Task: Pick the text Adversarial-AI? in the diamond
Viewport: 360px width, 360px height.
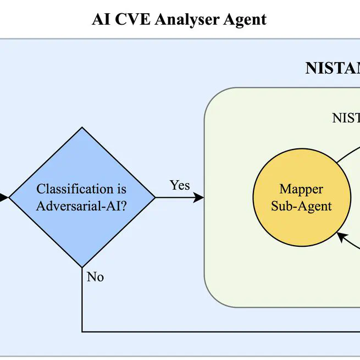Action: (x=81, y=206)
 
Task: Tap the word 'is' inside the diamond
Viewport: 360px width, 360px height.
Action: (x=121, y=189)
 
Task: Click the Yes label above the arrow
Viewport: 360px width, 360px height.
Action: (x=180, y=185)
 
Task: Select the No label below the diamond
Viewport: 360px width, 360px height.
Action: (x=95, y=277)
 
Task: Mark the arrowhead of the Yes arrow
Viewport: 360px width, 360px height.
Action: (x=199, y=197)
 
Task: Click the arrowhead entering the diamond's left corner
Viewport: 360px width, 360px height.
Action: (x=4, y=197)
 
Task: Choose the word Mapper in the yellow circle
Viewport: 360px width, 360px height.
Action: (x=301, y=189)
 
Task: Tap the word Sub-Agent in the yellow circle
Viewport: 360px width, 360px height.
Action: (x=301, y=206)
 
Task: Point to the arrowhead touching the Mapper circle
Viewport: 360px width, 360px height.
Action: (x=341, y=236)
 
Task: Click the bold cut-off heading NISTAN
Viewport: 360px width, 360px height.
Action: (x=333, y=68)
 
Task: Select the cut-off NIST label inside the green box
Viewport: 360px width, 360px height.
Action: (x=346, y=118)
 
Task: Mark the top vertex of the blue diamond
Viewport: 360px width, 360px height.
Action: (x=82, y=128)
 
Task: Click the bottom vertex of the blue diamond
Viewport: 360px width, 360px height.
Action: (x=82, y=268)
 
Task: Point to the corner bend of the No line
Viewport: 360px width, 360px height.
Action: (x=82, y=331)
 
